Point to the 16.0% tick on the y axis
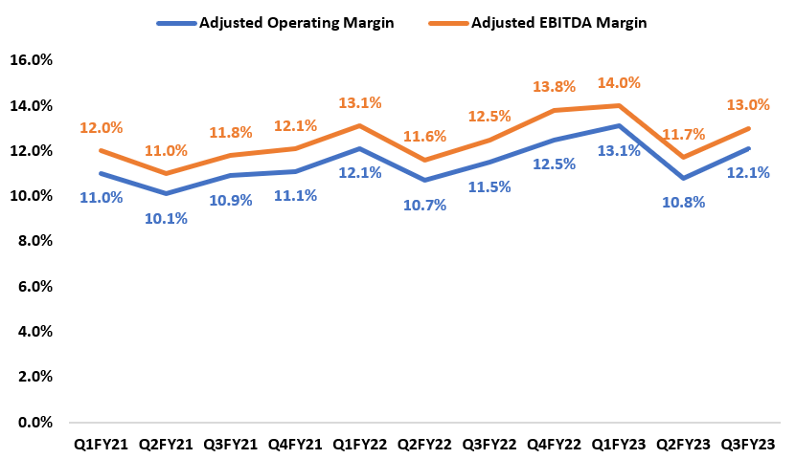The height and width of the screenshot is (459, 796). pyautogui.click(x=30, y=60)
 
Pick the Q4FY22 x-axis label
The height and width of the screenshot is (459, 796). pyautogui.click(x=555, y=444)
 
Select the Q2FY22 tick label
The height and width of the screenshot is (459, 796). pyautogui.click(x=424, y=444)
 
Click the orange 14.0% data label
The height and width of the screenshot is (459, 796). pyautogui.click(x=621, y=83)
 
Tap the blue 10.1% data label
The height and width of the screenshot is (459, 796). pyautogui.click(x=167, y=218)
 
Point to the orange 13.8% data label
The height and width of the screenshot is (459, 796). pyautogui.click(x=555, y=88)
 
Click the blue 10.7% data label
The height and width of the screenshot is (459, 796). pyautogui.click(x=424, y=205)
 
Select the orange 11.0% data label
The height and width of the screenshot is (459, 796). pyautogui.click(x=167, y=150)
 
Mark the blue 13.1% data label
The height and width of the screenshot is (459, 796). pyautogui.click(x=621, y=151)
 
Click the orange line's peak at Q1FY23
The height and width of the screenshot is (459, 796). pyautogui.click(x=620, y=105)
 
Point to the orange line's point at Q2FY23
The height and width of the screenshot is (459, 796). pyautogui.click(x=685, y=158)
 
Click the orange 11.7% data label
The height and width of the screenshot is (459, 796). pyautogui.click(x=685, y=135)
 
